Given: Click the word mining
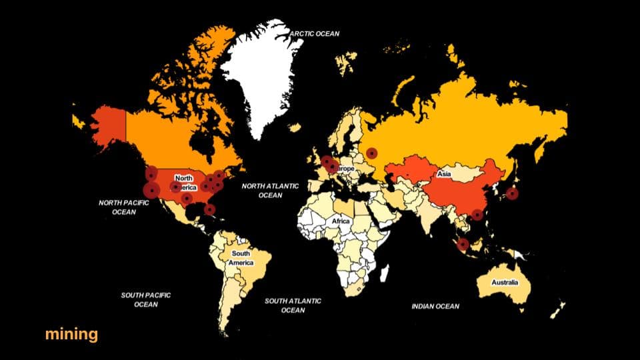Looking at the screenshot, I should (x=71, y=334).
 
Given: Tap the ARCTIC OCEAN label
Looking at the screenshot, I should (x=315, y=34).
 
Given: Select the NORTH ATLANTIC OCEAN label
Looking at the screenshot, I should (x=270, y=191).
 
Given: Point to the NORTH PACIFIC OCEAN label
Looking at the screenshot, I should (x=123, y=207).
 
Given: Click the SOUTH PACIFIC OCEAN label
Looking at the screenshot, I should (x=146, y=299).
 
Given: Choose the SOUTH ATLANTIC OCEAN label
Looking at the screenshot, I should (x=293, y=305).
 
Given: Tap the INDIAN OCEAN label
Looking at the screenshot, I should (x=435, y=307).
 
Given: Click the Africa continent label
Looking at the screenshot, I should (x=341, y=221).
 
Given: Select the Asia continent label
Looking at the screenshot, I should (x=444, y=175).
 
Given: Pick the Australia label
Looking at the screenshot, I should (x=505, y=283).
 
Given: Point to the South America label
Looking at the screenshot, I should (x=241, y=258).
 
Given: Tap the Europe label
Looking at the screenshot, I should (x=345, y=169).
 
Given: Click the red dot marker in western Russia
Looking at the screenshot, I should (x=371, y=153).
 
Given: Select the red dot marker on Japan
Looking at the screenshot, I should (x=511, y=194).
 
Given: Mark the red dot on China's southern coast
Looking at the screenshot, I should (x=477, y=215).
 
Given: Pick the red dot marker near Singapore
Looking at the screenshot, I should (x=463, y=244).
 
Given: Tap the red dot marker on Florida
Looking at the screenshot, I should (x=210, y=209).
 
